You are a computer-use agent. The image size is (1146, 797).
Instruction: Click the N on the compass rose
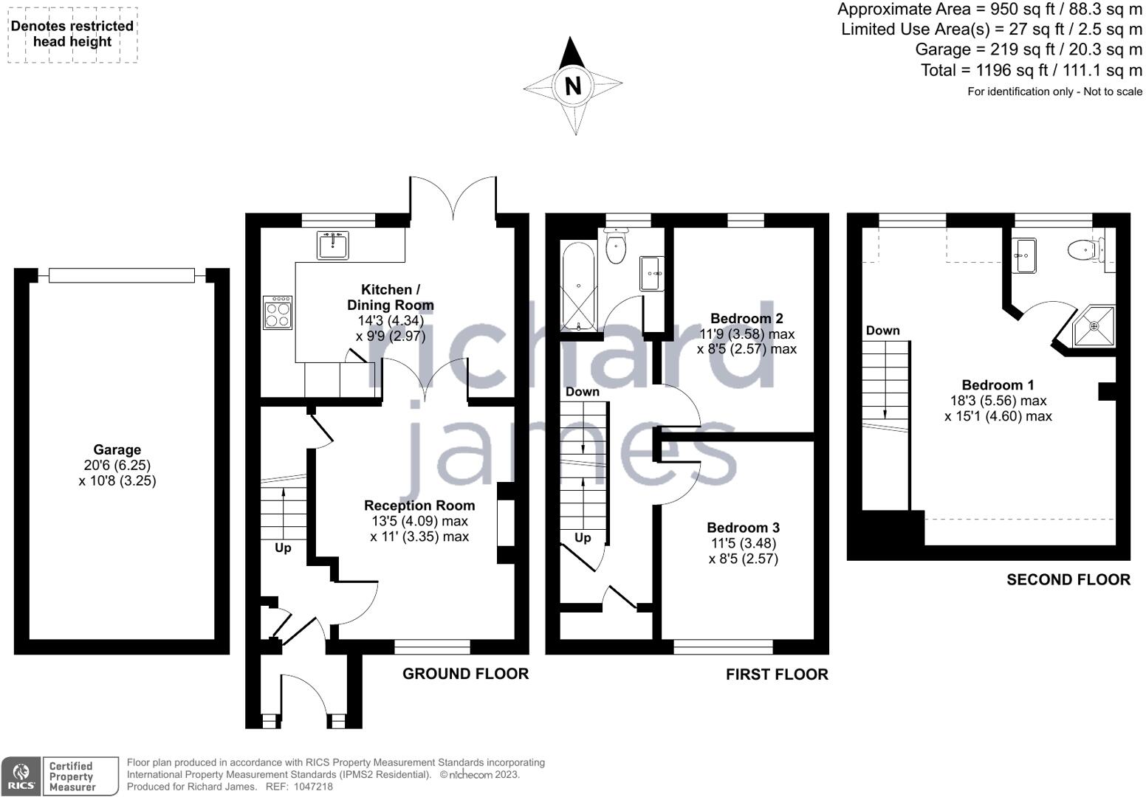[573, 86]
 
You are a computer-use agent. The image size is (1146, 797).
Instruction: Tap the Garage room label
[117, 450]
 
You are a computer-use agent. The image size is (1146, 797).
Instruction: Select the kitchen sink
[332, 246]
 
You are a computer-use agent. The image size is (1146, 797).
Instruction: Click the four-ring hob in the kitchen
[278, 312]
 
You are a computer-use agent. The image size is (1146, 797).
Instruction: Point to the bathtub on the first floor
[579, 286]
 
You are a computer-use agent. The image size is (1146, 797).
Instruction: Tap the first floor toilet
[616, 246]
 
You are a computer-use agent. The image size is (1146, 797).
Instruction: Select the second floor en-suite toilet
[1085, 250]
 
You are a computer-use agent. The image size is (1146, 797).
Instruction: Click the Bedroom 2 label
[747, 319]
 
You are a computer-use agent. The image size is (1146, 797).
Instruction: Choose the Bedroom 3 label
[744, 528]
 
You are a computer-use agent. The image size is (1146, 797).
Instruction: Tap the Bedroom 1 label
[998, 385]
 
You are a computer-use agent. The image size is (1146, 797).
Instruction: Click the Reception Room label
[419, 506]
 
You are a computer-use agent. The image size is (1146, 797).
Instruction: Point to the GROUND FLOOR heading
[465, 674]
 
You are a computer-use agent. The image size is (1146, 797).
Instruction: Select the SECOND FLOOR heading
[1068, 580]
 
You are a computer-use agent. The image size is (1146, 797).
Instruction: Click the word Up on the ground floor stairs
[283, 548]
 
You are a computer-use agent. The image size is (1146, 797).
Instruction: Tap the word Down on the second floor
[882, 331]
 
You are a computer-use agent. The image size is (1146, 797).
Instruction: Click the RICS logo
[21, 776]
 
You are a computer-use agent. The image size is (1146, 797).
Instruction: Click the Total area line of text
[1032, 70]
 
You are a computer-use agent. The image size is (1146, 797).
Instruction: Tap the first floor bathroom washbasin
[652, 274]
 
